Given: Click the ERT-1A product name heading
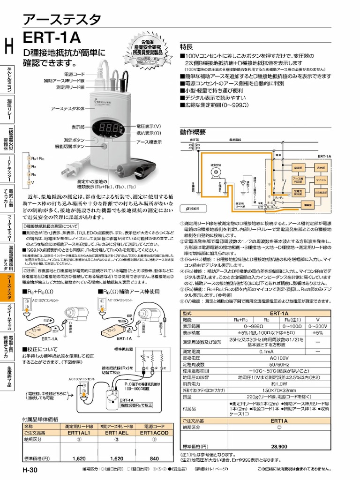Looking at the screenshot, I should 52,37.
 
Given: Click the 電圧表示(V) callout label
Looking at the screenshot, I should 149,127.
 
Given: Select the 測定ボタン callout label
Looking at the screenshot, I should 74,140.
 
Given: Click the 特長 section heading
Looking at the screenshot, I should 187,47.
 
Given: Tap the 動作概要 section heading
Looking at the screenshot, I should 193,132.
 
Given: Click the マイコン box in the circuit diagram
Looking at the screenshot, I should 321,180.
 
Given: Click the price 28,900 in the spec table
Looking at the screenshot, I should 279,447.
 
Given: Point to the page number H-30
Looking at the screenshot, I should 30,470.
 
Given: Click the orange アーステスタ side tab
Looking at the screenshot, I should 8,288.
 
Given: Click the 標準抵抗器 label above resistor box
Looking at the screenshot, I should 123,349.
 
